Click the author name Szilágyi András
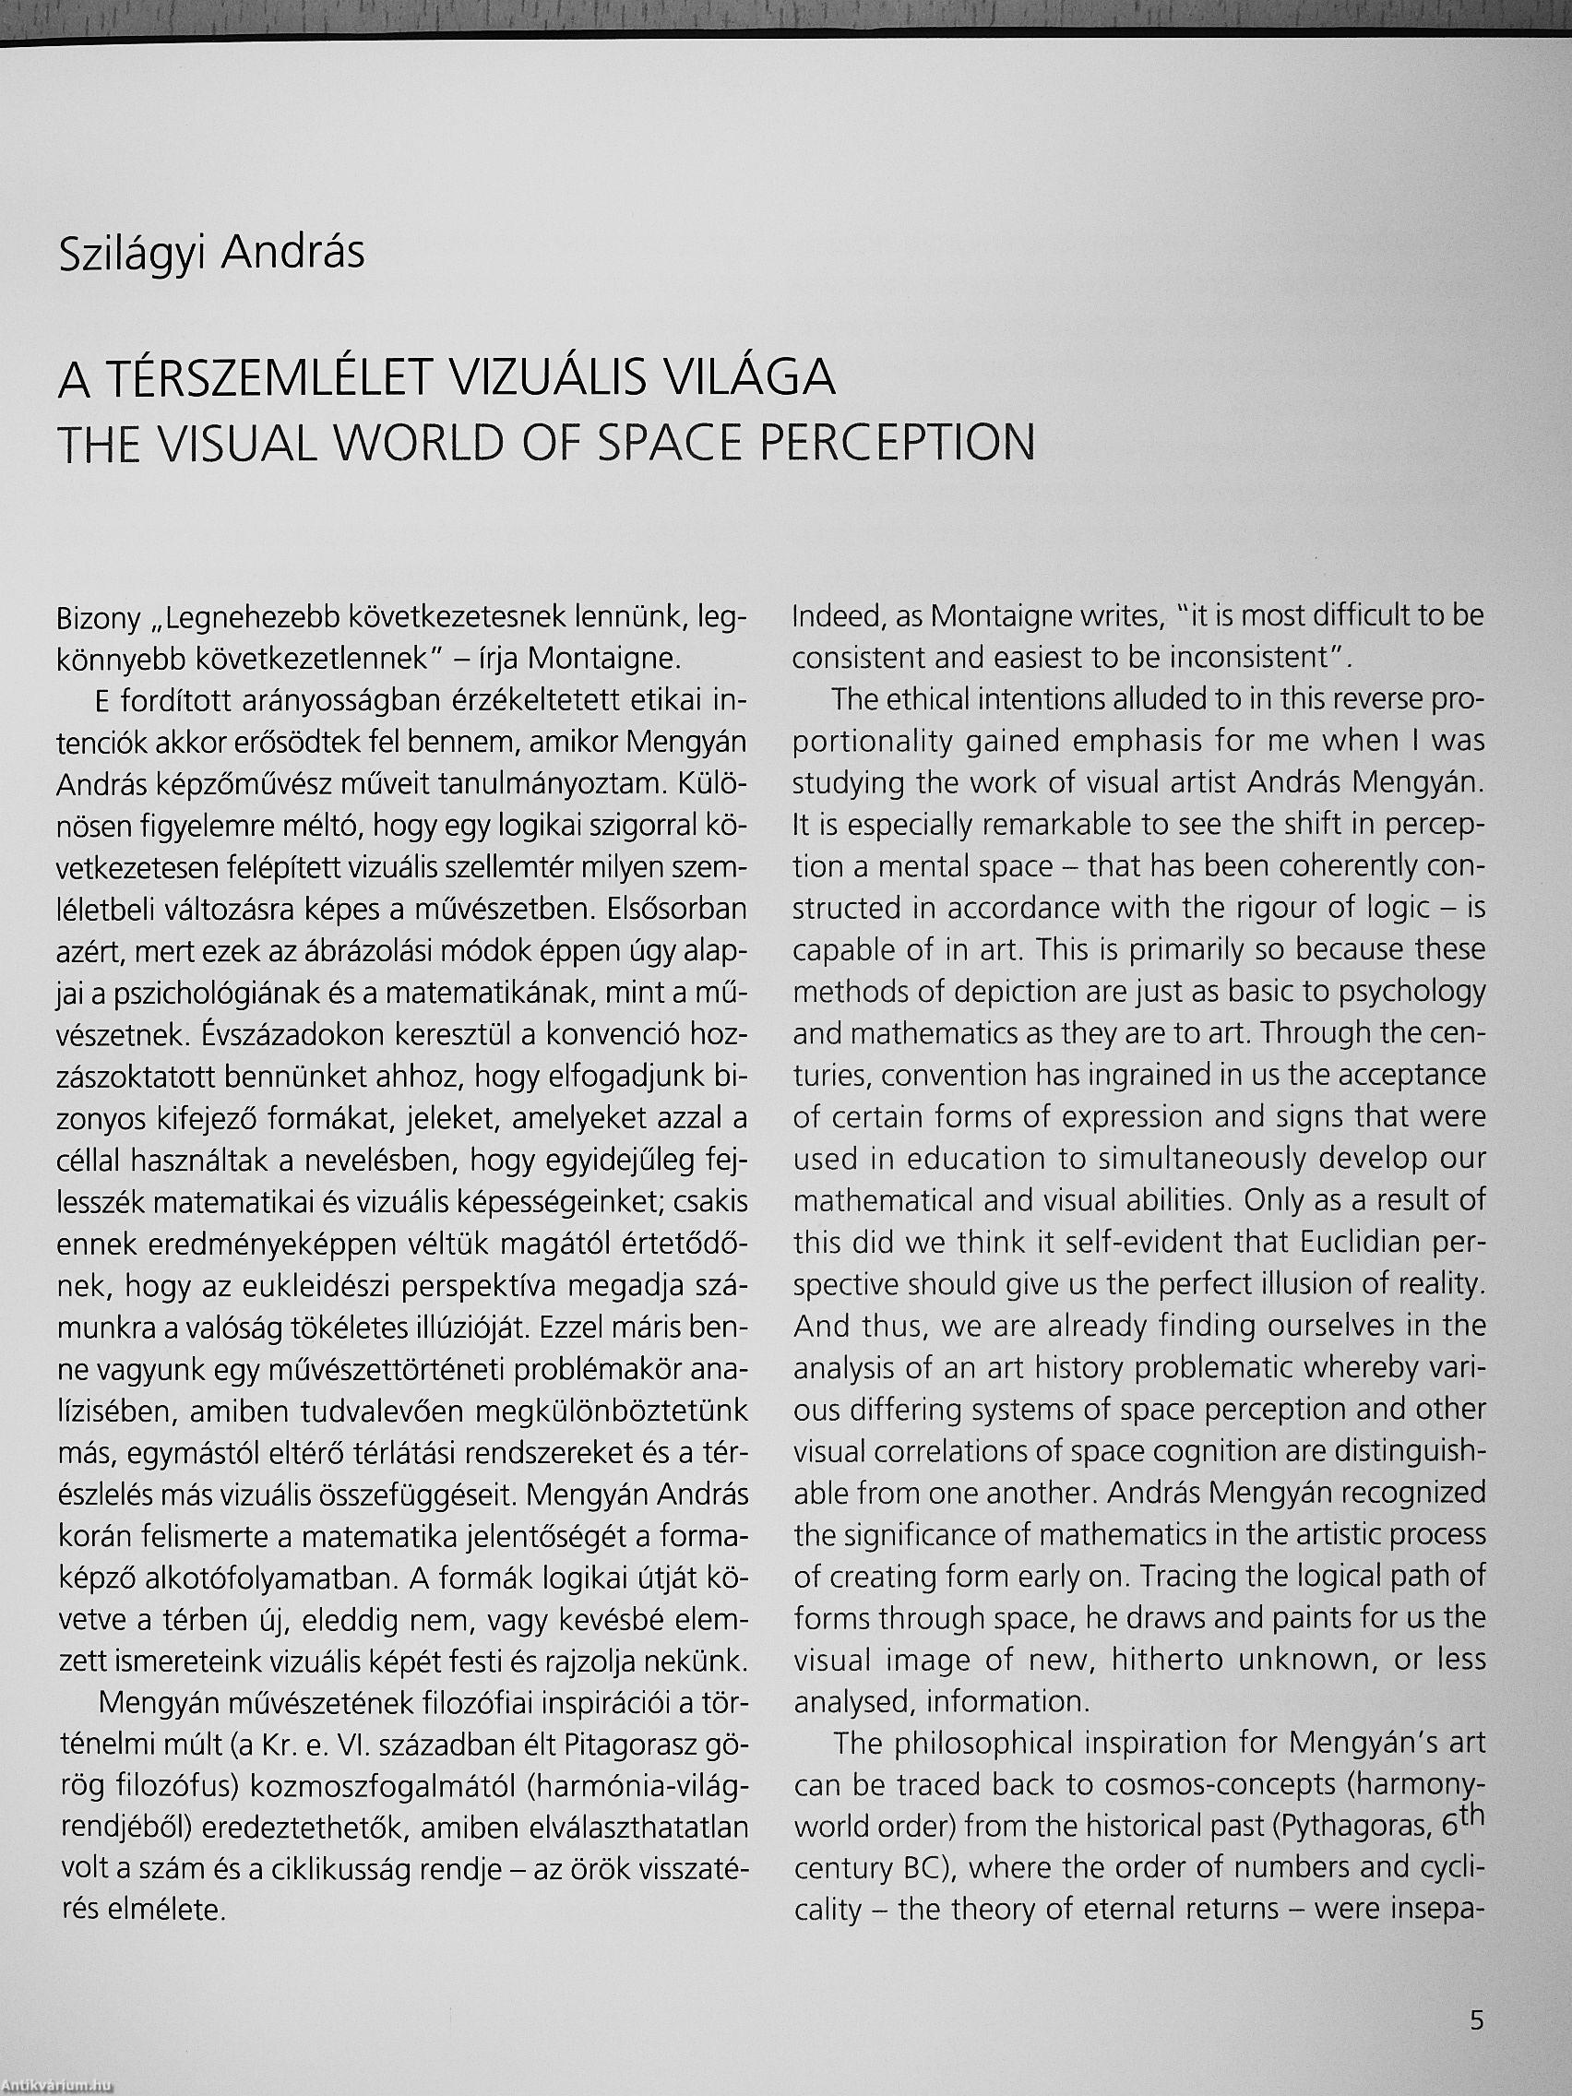pyautogui.click(x=211, y=256)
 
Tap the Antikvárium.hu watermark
pyautogui.click(x=57, y=2085)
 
